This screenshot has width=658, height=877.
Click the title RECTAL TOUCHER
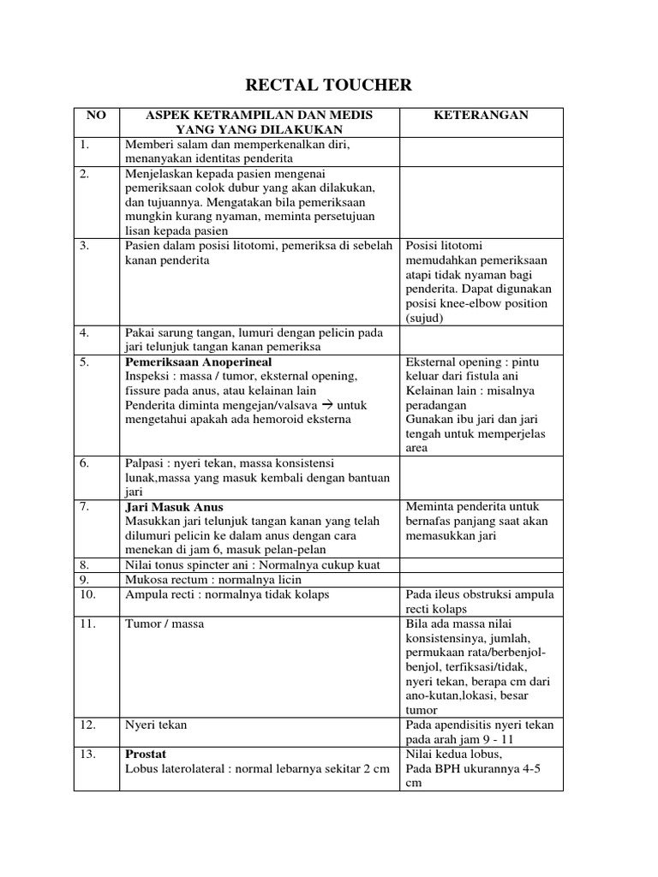coord(329,85)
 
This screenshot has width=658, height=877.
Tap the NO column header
coord(96,116)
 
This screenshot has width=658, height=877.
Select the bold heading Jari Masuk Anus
coord(174,507)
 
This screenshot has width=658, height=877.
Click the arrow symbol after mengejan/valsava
coord(327,405)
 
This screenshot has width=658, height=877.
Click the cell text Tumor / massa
coord(164,623)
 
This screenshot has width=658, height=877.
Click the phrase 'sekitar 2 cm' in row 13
coord(354,769)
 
